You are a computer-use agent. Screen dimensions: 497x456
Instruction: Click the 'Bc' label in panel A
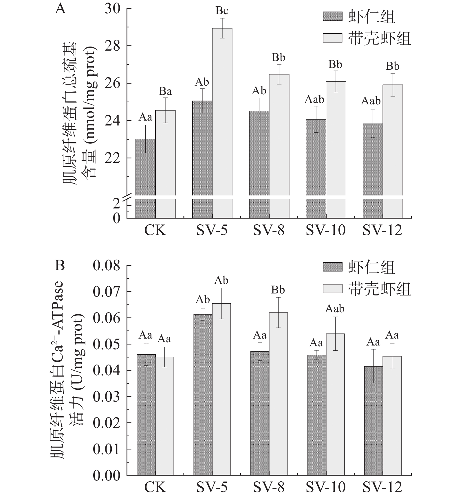222,11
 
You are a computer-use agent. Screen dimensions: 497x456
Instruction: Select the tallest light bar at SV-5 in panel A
222,116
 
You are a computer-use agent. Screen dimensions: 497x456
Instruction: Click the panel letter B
60,265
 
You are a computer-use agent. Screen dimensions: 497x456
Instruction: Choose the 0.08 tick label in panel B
106,266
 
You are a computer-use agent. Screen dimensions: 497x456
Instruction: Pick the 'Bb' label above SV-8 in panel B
278,290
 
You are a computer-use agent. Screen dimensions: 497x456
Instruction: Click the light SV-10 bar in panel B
335,405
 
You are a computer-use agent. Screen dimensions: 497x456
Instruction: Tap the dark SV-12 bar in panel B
373,422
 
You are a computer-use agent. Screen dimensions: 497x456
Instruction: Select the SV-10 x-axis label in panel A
325,231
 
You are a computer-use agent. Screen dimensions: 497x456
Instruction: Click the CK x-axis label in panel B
155,487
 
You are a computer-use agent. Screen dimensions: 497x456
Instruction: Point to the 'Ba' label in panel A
165,92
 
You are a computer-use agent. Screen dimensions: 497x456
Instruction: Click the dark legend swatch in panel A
332,16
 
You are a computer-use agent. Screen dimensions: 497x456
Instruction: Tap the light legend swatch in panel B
332,288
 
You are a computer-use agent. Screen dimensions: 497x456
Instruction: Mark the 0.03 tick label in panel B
106,397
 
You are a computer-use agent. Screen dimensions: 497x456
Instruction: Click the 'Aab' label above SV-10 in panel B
335,309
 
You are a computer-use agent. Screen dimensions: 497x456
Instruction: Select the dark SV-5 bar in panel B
203,396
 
